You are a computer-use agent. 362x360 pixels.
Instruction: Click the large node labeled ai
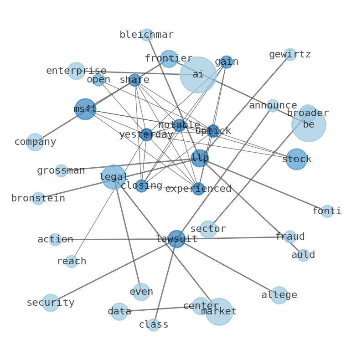tap(198, 75)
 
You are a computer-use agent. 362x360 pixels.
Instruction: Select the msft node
tap(85, 109)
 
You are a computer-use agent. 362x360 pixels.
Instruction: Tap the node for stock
tap(297, 159)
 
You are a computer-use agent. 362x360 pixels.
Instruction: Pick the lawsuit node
tap(176, 239)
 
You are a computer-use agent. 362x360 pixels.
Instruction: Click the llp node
tap(200, 158)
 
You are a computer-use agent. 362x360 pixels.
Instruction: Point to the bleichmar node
tap(147, 35)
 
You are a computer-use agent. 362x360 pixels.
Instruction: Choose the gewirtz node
tap(290, 55)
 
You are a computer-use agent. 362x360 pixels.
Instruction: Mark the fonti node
tap(327, 211)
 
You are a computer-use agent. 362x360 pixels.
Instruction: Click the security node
tap(51, 303)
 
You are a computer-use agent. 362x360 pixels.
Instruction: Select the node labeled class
tap(154, 325)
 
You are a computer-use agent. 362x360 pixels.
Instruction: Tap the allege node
tap(279, 295)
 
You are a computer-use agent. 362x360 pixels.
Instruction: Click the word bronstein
tap(38, 199)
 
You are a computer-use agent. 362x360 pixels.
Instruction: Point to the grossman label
tap(61, 171)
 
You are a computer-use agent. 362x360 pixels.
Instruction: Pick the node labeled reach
tap(72, 262)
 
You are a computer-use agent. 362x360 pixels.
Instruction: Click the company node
tap(35, 142)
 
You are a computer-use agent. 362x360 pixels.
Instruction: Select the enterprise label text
tap(76, 71)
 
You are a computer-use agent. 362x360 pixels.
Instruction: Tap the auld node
tap(303, 255)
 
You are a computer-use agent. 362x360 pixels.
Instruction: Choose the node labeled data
tap(119, 312)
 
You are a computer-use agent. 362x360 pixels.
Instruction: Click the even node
tap(141, 292)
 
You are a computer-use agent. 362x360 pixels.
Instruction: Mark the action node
tap(55, 240)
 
